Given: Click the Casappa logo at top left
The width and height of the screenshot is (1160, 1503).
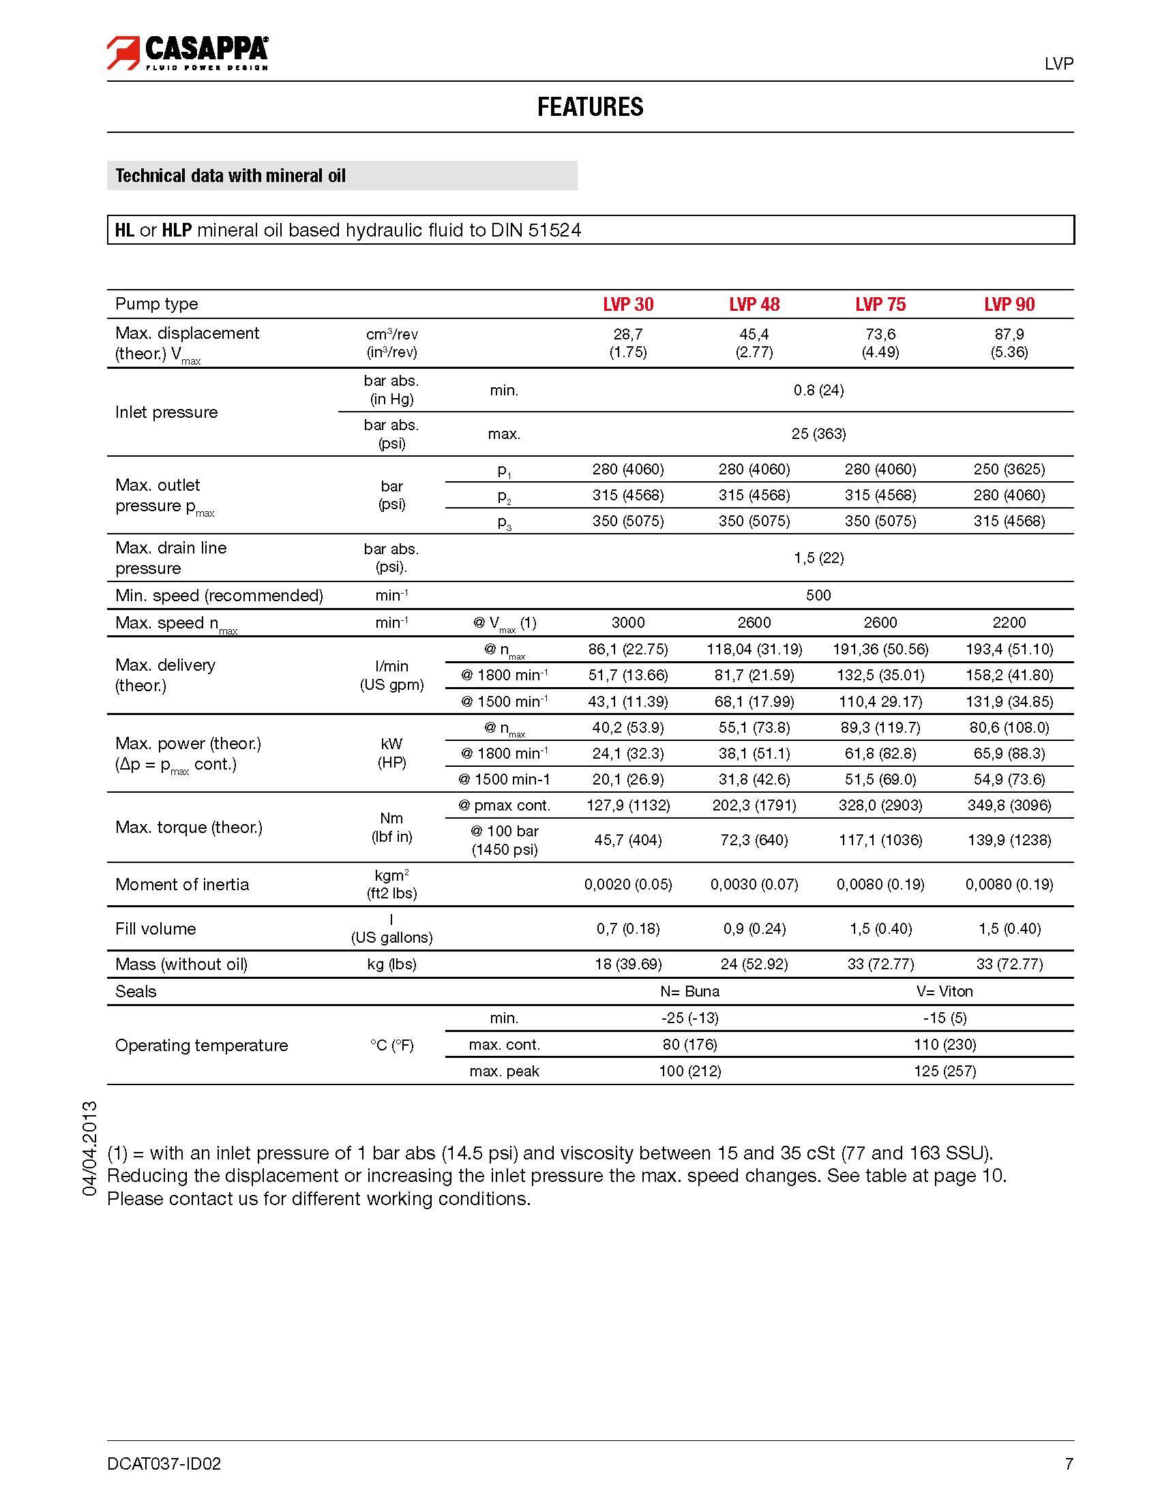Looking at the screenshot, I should tap(188, 53).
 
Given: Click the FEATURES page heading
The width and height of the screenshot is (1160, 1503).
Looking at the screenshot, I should tap(590, 108).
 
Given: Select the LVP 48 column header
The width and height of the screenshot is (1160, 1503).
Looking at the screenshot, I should tap(754, 304).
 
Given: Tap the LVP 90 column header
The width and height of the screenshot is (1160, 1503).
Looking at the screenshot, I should tap(1009, 304).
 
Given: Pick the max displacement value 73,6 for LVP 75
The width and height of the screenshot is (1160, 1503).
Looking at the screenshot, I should tap(880, 335).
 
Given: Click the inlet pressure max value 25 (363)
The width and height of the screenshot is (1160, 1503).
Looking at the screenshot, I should tap(818, 434).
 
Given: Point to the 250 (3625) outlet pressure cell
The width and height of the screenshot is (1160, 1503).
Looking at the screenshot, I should tap(1009, 470).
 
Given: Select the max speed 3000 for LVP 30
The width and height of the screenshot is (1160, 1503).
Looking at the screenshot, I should tap(628, 623).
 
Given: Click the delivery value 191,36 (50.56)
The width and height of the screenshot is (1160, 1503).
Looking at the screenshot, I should tap(880, 649).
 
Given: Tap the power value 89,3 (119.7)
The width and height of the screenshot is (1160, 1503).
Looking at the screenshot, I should tap(880, 727).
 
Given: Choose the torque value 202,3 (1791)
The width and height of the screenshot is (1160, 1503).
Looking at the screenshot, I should tap(754, 805).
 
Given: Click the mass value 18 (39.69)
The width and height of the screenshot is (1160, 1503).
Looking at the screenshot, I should tap(628, 964).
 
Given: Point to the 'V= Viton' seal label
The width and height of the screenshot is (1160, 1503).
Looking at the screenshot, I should tap(945, 991).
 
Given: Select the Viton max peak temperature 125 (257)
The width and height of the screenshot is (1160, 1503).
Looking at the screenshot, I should tap(945, 1071).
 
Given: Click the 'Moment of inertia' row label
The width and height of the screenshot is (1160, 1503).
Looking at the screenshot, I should tap(182, 884).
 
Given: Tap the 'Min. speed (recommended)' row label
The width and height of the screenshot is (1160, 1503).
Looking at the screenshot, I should tap(219, 595).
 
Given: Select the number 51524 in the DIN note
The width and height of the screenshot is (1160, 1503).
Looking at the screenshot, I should tap(555, 230).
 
